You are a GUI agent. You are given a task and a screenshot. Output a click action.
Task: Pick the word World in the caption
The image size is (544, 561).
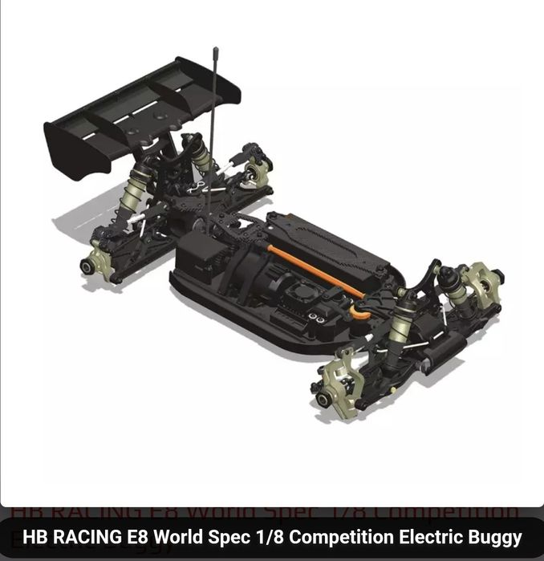point(183,537)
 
